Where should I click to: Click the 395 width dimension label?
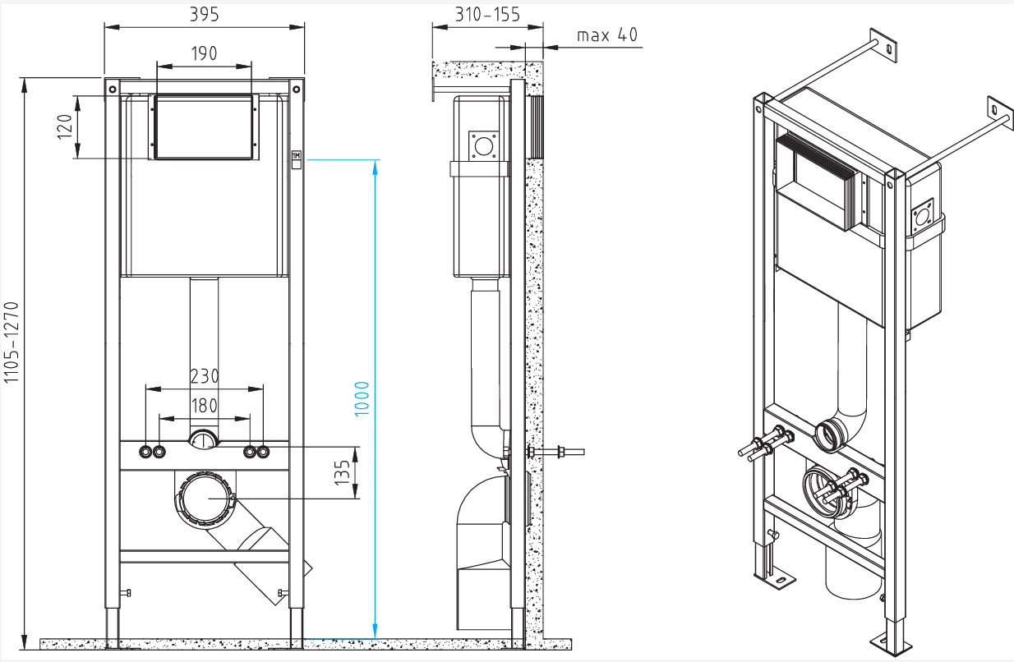tap(205, 14)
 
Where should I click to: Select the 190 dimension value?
tap(204, 53)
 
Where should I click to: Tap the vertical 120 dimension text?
tap(65, 127)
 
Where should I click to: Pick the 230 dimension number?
tap(204, 375)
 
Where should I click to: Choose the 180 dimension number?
tap(204, 405)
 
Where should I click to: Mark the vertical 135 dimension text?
tap(343, 471)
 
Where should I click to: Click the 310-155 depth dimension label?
tap(487, 14)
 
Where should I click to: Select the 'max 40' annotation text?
tap(606, 34)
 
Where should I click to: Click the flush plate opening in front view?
tap(203, 126)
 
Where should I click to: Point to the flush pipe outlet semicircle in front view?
tap(204, 439)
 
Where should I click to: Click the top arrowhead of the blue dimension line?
tap(375, 165)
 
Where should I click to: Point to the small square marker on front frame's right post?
tap(297, 155)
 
